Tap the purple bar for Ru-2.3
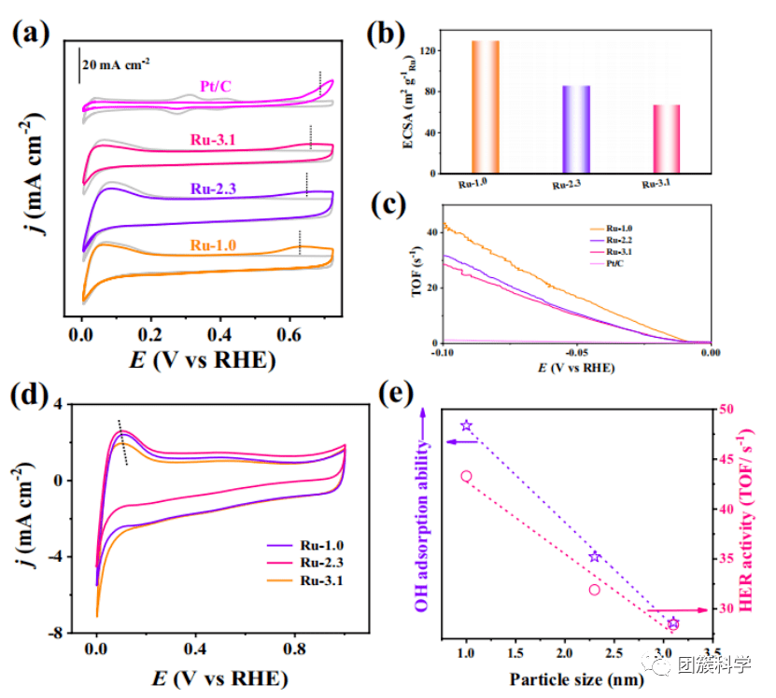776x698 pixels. click(x=576, y=129)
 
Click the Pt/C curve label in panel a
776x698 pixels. click(x=215, y=87)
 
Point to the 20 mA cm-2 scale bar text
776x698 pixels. click(x=117, y=64)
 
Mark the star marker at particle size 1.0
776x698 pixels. click(x=467, y=426)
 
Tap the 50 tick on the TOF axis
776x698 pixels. click(x=722, y=410)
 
